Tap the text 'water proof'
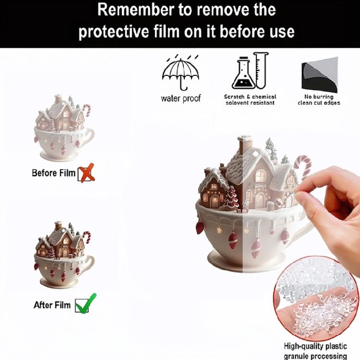180,99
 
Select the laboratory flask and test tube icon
250,72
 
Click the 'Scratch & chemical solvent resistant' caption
250,100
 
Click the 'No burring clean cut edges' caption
319,100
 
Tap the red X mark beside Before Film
86,173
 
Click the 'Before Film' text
53,173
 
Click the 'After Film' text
52,305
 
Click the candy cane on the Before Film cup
86,110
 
